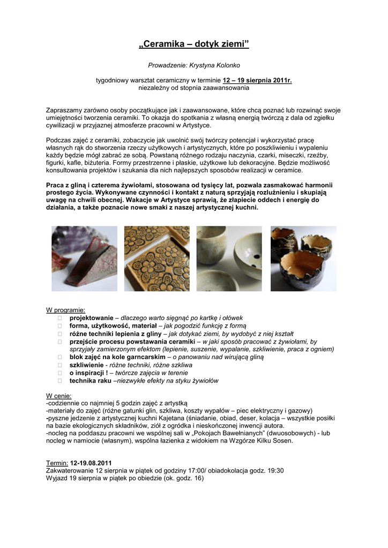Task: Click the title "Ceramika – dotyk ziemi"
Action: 194,43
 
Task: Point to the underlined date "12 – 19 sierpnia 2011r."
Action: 257,80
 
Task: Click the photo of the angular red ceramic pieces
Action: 84,258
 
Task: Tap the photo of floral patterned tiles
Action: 157,258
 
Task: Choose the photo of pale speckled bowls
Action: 229,258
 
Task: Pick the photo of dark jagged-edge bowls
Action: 303,258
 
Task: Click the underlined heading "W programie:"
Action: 65,310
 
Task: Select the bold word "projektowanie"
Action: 91,318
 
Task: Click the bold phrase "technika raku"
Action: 91,380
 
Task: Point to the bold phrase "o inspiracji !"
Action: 89,373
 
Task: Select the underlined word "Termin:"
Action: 57,463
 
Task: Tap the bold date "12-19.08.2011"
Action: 91,463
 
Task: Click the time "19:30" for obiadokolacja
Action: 275,471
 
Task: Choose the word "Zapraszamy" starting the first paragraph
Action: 65,110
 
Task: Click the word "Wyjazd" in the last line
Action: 57,478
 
